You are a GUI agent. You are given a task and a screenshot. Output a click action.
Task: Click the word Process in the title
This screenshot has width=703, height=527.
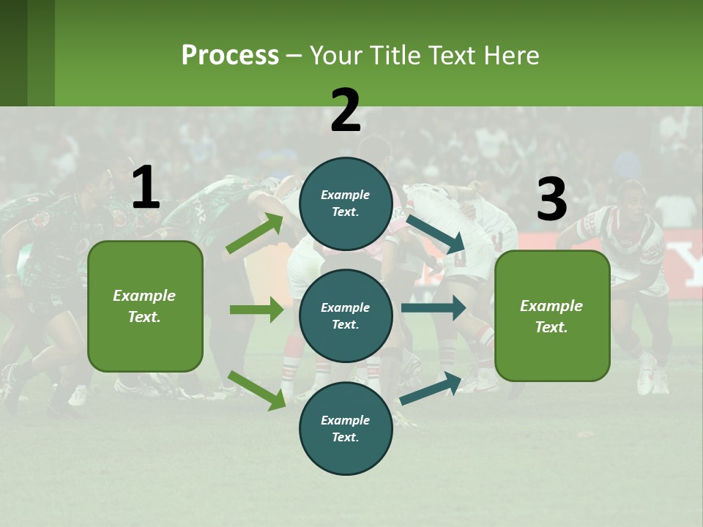(x=230, y=56)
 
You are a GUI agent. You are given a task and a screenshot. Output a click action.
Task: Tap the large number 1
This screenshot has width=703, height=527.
(x=146, y=188)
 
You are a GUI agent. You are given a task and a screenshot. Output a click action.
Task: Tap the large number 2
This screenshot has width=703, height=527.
(x=346, y=111)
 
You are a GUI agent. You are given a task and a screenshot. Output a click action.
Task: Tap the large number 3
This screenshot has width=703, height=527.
(x=551, y=200)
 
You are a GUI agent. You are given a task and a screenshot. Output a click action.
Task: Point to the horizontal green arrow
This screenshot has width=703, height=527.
(x=256, y=310)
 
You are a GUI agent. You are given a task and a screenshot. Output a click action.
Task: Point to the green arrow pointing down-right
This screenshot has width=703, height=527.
(x=256, y=389)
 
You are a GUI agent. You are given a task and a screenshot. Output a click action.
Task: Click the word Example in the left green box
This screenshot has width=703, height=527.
(x=144, y=296)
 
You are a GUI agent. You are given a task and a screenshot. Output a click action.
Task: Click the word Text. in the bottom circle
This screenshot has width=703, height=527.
(x=345, y=437)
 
